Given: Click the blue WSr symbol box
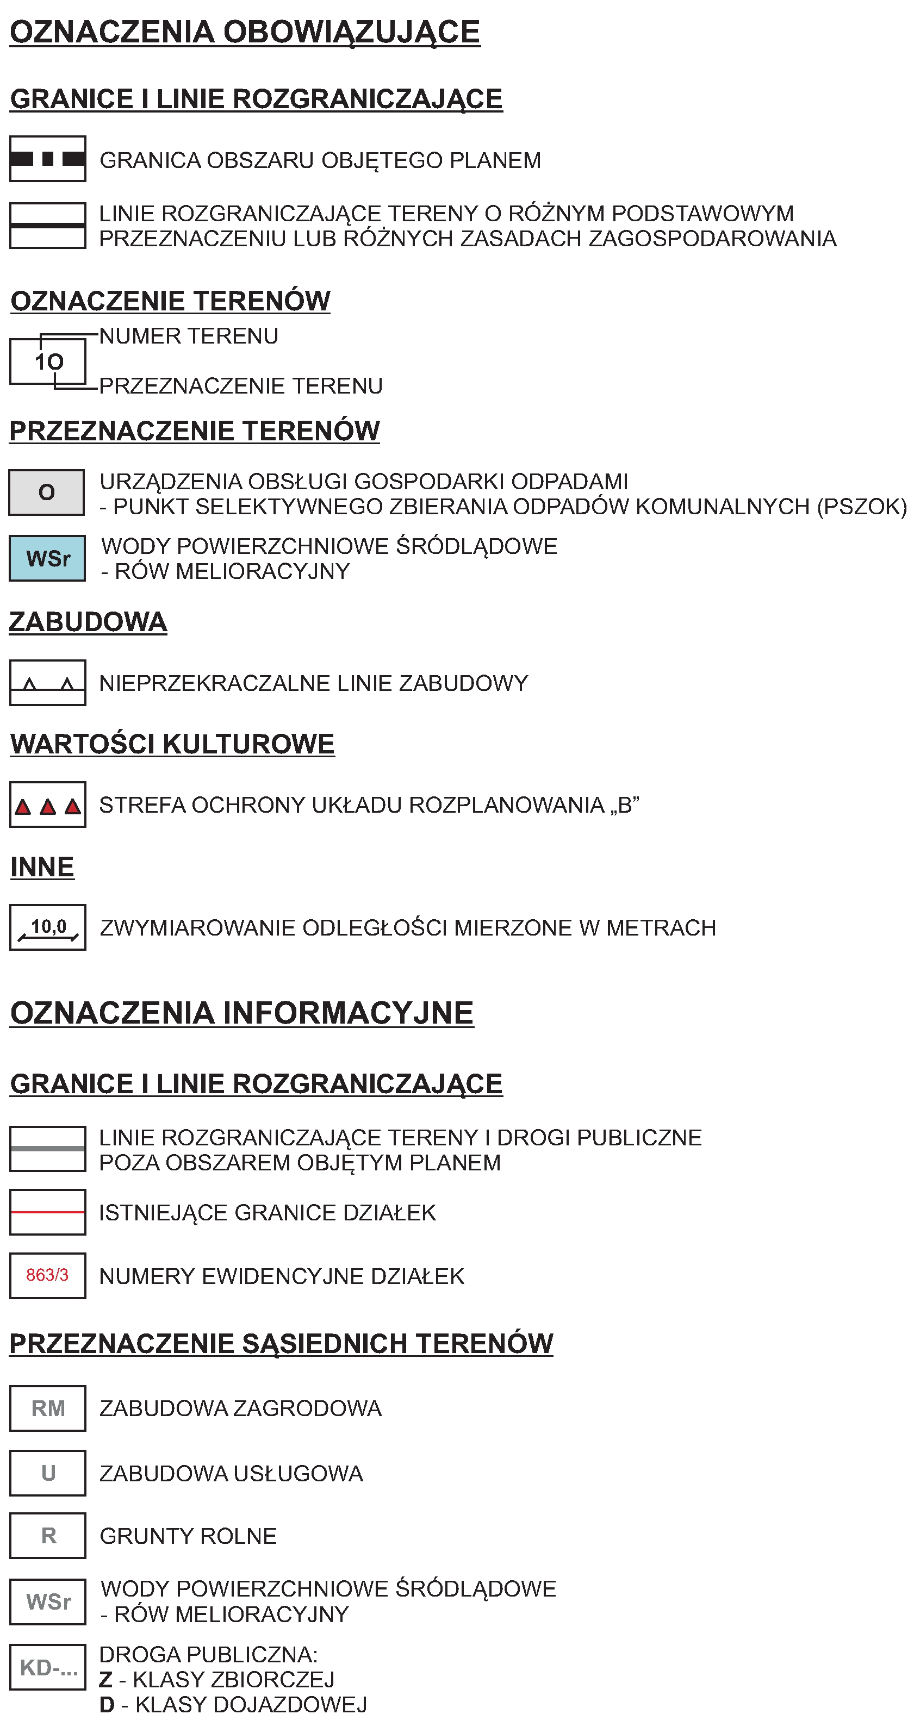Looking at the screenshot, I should click(x=47, y=558).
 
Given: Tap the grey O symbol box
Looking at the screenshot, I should click(x=46, y=492).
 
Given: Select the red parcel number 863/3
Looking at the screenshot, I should click(x=47, y=1275).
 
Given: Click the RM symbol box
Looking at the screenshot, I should click(x=48, y=1408).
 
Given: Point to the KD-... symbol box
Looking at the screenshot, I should click(x=48, y=1667).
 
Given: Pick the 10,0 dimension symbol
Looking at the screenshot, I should click(x=48, y=927).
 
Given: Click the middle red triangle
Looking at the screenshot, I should click(x=48, y=806).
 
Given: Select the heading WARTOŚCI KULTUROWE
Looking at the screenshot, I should click(x=172, y=744).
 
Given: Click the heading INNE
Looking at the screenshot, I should click(x=42, y=866).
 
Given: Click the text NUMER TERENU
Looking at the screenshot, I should click(x=189, y=336).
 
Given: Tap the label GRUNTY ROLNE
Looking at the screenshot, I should click(x=188, y=1536).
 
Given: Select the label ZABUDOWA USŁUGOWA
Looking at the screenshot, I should click(x=231, y=1473).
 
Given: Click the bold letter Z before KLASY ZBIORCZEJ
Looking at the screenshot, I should click(x=105, y=1680).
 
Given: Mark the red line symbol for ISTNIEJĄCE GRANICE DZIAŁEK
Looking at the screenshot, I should click(x=48, y=1212).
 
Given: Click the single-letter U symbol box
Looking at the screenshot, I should click(x=48, y=1473).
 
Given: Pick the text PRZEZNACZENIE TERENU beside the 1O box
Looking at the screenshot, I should click(x=240, y=385).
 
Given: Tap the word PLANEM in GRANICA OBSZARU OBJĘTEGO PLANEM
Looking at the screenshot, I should click(x=495, y=160).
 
